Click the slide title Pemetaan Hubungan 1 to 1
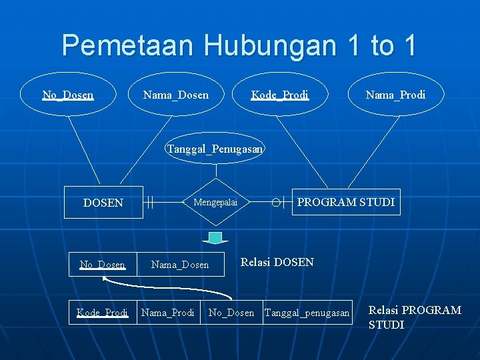pyautogui.click(x=239, y=45)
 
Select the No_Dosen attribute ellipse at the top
pyautogui.click(x=68, y=95)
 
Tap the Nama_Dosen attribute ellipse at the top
pyautogui.click(x=176, y=95)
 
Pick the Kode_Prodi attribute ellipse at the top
pyautogui.click(x=280, y=95)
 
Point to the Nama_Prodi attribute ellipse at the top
pyautogui.click(x=395, y=95)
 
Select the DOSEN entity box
pyautogui.click(x=103, y=203)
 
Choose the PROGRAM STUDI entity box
pyautogui.click(x=346, y=201)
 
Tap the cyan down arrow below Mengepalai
pyautogui.click(x=215, y=238)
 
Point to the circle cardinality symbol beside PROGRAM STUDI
pyautogui.click(x=275, y=201)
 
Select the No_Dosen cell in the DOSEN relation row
pyautogui.click(x=103, y=265)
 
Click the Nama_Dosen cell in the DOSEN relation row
pyautogui.click(x=180, y=265)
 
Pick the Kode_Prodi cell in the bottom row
pyautogui.click(x=103, y=313)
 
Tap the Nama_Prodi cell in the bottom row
pyautogui.click(x=168, y=313)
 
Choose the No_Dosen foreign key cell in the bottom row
pyautogui.click(x=231, y=313)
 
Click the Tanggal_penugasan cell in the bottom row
pyautogui.click(x=307, y=313)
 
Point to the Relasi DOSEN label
pyautogui.click(x=277, y=262)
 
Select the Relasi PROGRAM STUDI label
pyautogui.click(x=415, y=317)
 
